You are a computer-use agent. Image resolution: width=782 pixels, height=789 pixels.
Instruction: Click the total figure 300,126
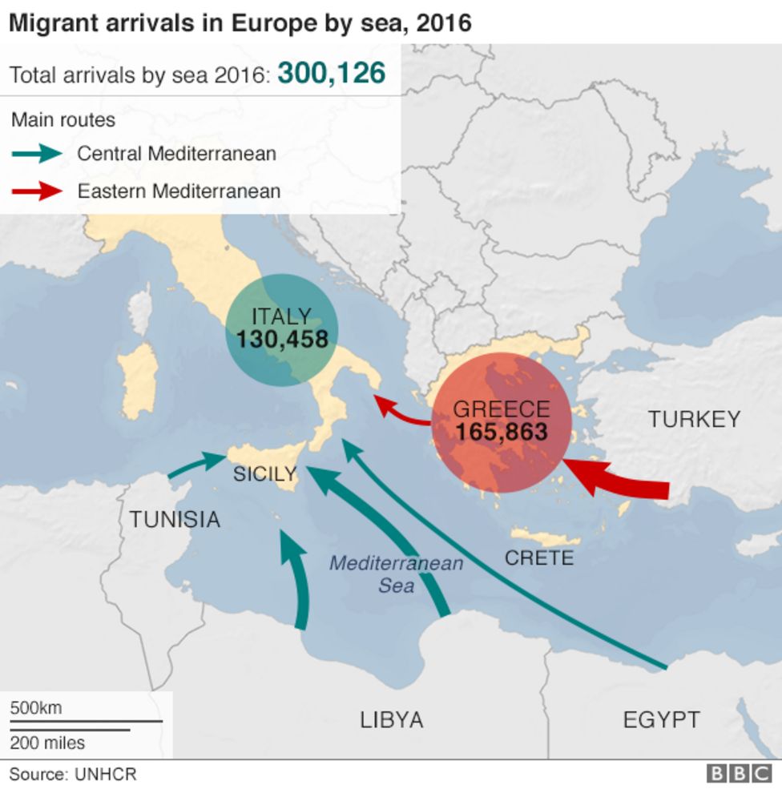coord(331,74)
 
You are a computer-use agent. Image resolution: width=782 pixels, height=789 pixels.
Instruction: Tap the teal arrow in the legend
coord(37,153)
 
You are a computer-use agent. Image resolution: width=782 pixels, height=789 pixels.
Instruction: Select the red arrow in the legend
coord(37,191)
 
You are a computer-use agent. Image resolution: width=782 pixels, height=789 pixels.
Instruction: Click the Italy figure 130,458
coord(282,340)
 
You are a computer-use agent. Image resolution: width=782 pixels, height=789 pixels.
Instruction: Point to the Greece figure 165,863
coord(502,433)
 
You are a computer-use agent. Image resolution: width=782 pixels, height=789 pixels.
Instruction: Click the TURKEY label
coord(694,419)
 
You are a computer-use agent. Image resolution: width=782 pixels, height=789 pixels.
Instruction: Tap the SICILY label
coord(264,474)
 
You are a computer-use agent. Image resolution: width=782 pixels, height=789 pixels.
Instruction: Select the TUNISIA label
coord(175,520)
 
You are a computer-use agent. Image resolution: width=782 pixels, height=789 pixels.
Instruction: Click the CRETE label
coord(539,558)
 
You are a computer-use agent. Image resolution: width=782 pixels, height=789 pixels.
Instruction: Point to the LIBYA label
coord(391,720)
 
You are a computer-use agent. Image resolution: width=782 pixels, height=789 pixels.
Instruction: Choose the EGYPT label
coord(661,720)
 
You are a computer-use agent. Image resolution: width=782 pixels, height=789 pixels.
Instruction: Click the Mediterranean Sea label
coord(396,574)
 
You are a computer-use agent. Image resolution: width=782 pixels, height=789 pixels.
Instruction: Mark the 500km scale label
coord(35,708)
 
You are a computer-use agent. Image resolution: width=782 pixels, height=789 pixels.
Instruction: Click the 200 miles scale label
coord(47,743)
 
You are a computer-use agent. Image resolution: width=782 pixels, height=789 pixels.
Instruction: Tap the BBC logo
coord(738,774)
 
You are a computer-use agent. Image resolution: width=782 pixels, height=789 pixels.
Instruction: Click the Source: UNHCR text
coord(73,775)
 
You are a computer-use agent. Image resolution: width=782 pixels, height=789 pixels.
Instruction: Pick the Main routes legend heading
coord(63,120)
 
